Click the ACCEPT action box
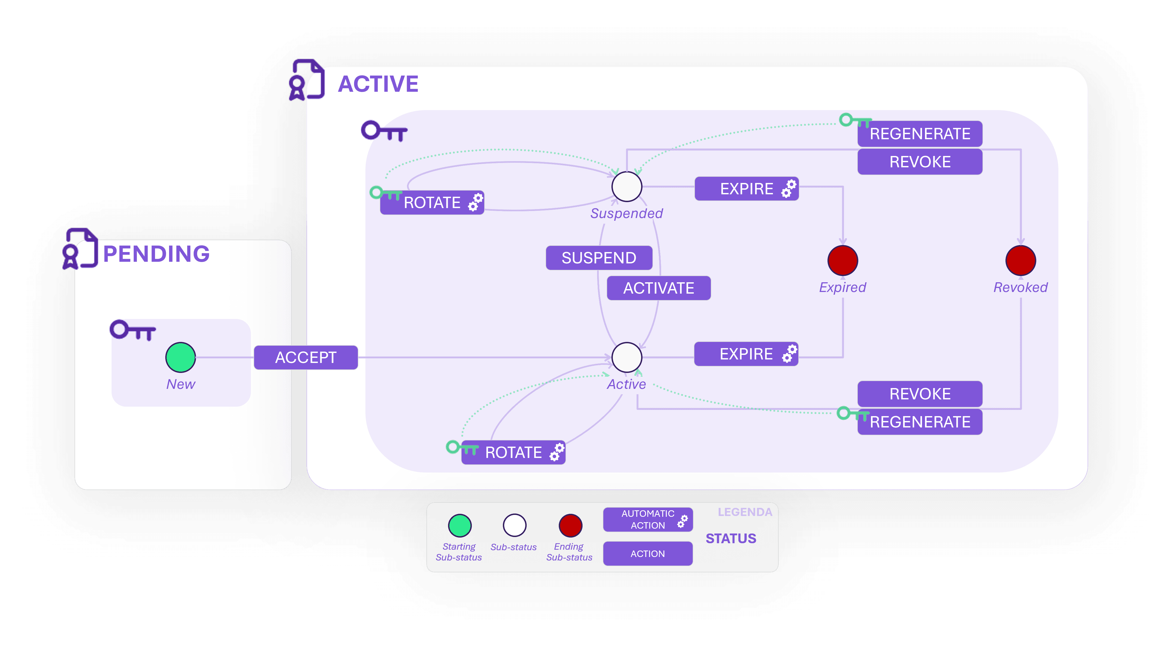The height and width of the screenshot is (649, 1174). pyautogui.click(x=305, y=358)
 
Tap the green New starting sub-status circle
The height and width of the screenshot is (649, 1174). pyautogui.click(x=180, y=358)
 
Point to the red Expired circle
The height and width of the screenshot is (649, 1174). pyautogui.click(x=843, y=260)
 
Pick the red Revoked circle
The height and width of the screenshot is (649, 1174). pyautogui.click(x=1020, y=260)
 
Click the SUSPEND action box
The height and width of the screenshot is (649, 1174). pyautogui.click(x=599, y=258)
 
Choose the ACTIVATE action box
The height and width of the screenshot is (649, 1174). pyautogui.click(x=658, y=288)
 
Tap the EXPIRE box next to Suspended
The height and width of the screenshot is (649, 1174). pyautogui.click(x=746, y=189)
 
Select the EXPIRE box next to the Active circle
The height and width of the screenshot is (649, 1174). pyautogui.click(x=746, y=354)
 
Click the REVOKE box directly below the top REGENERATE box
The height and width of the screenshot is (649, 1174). pyautogui.click(x=920, y=162)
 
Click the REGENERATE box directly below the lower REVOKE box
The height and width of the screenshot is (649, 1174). pyautogui.click(x=920, y=422)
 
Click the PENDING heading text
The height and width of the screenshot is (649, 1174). pyautogui.click(x=156, y=254)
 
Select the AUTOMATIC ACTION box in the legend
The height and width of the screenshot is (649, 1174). pyautogui.click(x=648, y=519)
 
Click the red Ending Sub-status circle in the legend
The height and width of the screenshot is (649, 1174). pyautogui.click(x=570, y=526)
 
